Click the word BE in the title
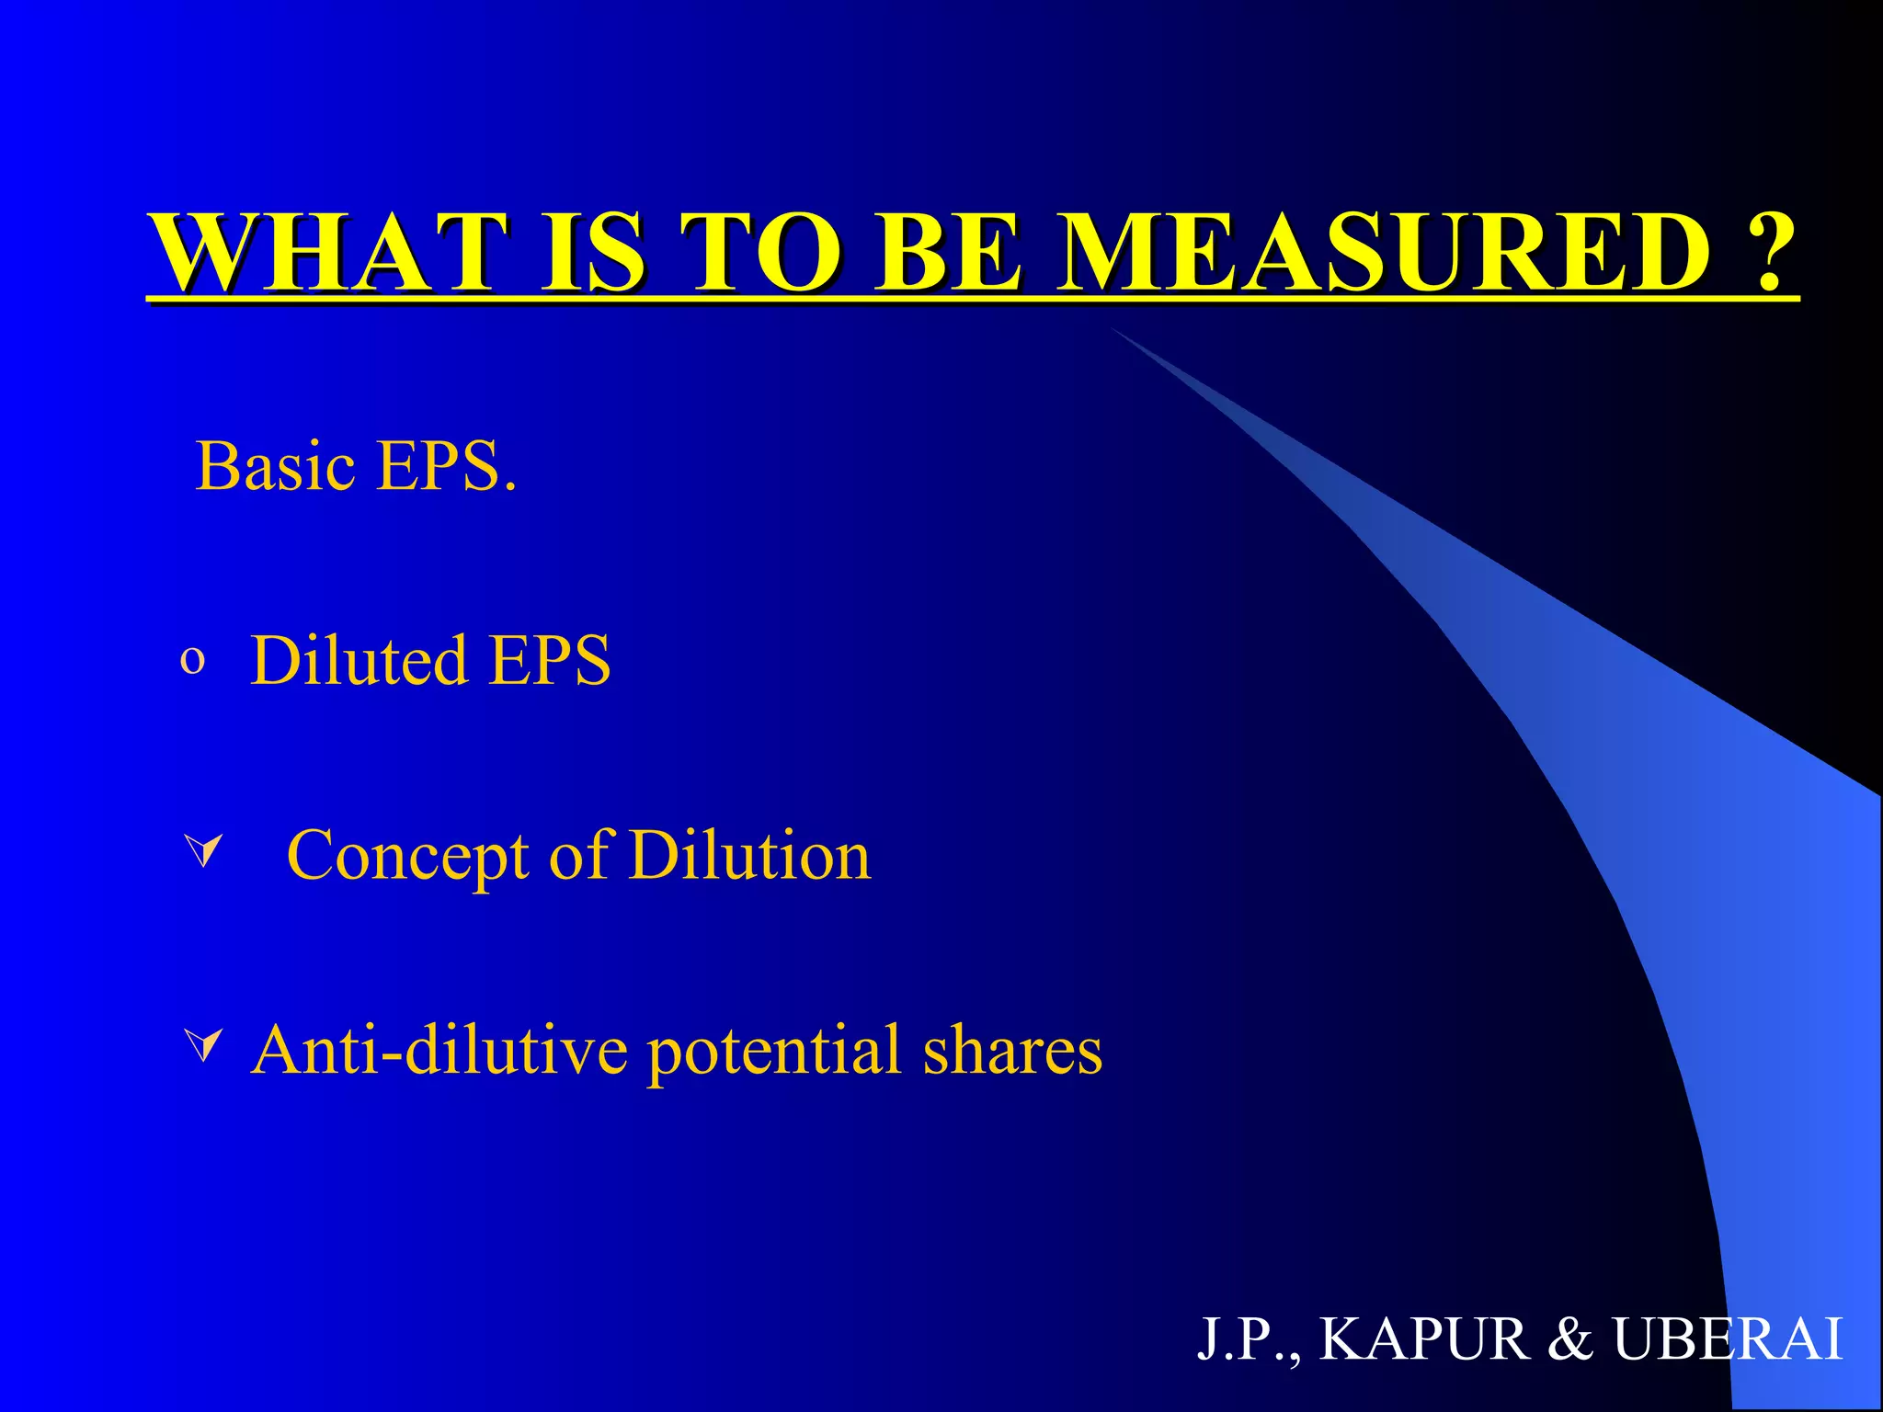(x=947, y=253)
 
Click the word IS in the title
(x=593, y=253)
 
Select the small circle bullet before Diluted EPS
(x=192, y=660)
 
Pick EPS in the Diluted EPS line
(x=550, y=660)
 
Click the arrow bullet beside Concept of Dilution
(x=203, y=851)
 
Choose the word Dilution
(x=749, y=856)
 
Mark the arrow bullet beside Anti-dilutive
(x=203, y=1046)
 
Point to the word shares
(x=1012, y=1050)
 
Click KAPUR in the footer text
(x=1423, y=1338)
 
